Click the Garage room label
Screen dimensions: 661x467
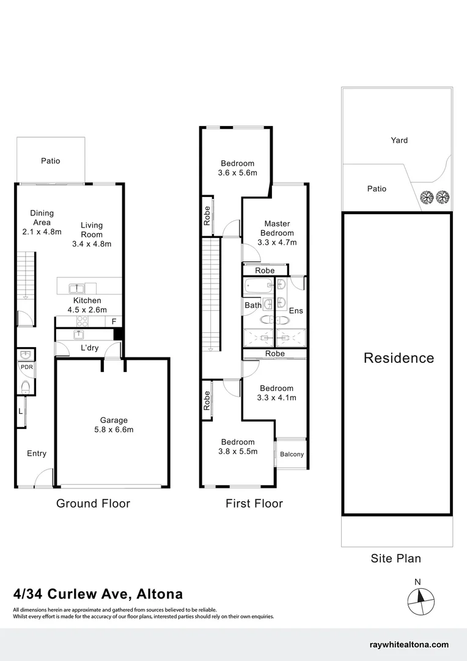tap(114, 420)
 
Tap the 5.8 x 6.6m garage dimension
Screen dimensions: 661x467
tap(114, 430)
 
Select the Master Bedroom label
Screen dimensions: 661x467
tap(277, 228)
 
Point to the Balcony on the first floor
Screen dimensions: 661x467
tap(292, 454)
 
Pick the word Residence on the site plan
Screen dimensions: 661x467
tap(399, 358)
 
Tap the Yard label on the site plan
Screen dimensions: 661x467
tap(399, 140)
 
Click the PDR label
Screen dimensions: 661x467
tap(26, 367)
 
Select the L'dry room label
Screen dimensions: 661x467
tap(90, 348)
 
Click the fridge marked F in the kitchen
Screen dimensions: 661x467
tap(114, 321)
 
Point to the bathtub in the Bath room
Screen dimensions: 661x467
tap(259, 285)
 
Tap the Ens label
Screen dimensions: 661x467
tap(296, 311)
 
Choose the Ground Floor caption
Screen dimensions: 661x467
tap(93, 504)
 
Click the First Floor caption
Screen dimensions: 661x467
tap(254, 504)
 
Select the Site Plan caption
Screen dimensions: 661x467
tap(395, 558)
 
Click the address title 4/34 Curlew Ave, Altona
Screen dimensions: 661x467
tap(98, 594)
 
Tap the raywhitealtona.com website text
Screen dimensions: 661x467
tap(410, 644)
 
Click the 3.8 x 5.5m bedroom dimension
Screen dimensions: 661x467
tap(238, 452)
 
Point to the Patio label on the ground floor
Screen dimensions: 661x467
tap(51, 161)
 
